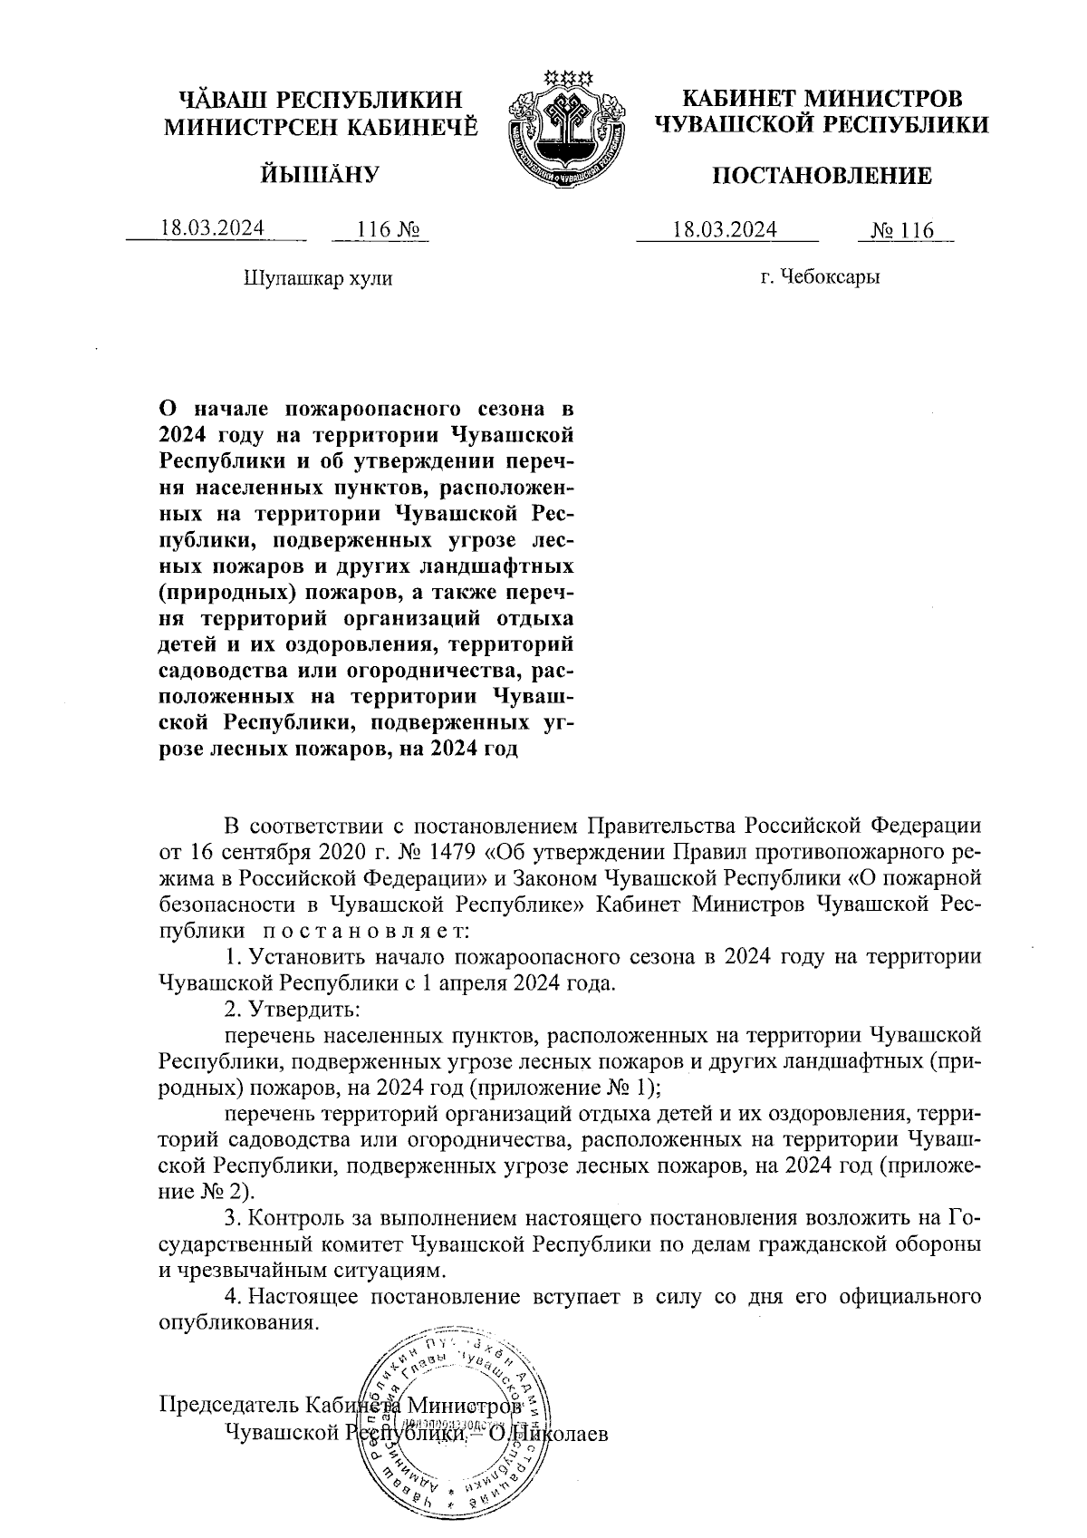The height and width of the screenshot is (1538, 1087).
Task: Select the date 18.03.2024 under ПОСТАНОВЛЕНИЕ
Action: click(725, 230)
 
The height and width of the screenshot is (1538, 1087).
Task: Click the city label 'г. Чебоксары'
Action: click(821, 277)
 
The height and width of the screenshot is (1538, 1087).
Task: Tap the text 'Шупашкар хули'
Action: click(318, 278)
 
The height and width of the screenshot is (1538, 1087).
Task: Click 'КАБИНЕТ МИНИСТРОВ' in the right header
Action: click(822, 98)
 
